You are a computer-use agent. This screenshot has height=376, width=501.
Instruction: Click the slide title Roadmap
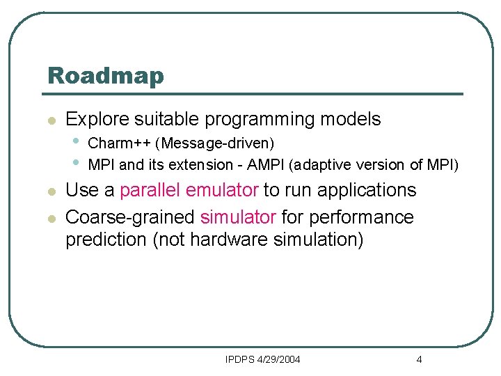coord(105,75)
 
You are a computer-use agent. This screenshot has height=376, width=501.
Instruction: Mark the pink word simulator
coord(238,217)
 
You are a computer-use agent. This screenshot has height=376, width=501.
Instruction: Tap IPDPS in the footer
coord(240,359)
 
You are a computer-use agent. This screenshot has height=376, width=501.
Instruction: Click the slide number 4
coord(419,359)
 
